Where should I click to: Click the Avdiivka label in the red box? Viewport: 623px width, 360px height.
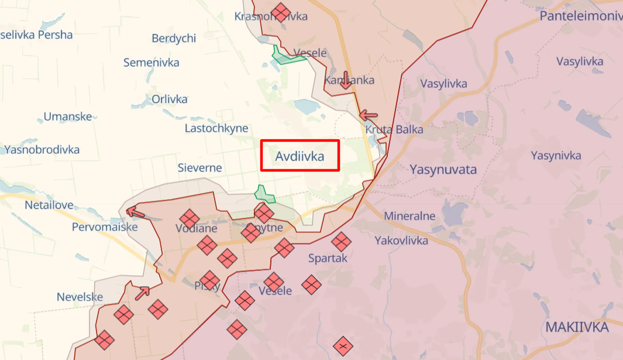[x=300, y=156]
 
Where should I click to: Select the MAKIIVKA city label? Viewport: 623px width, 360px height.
[x=577, y=327]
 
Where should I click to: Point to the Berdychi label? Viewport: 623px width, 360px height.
[x=174, y=39]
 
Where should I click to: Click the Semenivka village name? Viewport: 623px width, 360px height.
[x=151, y=63]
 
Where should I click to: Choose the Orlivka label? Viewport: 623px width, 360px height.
[x=169, y=99]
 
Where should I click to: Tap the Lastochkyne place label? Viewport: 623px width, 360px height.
[x=216, y=128]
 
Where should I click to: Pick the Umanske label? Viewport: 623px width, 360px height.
[x=68, y=116]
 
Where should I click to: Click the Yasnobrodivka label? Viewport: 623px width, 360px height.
[x=42, y=149]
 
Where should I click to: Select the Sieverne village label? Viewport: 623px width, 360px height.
[x=199, y=168]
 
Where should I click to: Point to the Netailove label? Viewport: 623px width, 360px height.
[x=49, y=205]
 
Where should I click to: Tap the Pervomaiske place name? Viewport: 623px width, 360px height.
[x=105, y=227]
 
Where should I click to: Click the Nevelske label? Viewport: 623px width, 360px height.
[x=80, y=297]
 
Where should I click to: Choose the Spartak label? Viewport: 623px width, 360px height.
[x=328, y=258]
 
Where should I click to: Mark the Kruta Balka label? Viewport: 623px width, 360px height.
[x=394, y=129]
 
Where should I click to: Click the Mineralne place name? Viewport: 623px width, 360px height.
[x=409, y=216]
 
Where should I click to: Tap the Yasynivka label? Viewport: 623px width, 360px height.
[x=556, y=155]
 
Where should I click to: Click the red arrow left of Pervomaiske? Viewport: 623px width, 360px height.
[x=136, y=212]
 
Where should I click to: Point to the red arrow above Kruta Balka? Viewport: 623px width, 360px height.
[x=369, y=115]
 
